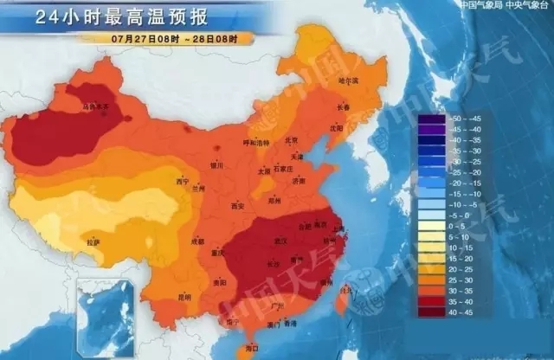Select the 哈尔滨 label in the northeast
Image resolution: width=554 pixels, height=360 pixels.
coord(347,80)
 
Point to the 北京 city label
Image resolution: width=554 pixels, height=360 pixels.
coord(291,140)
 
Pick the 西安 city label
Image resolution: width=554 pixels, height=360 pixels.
coord(237,205)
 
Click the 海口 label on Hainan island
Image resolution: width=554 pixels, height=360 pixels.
coord(254,347)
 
